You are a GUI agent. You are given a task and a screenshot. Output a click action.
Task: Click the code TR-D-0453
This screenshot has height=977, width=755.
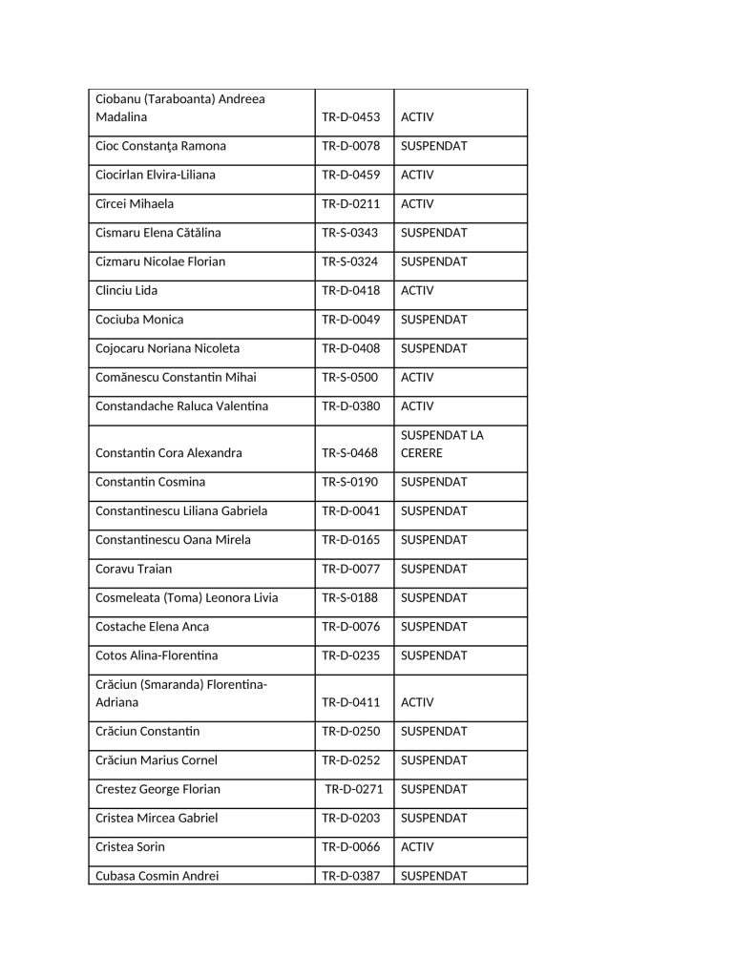pyautogui.click(x=350, y=117)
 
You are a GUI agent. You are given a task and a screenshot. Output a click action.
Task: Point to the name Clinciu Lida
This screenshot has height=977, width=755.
pyautogui.click(x=126, y=291)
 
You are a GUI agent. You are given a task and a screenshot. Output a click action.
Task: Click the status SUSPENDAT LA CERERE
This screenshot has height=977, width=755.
pyautogui.click(x=442, y=444)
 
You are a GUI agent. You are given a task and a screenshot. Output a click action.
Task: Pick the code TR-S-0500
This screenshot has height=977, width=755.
pyautogui.click(x=349, y=378)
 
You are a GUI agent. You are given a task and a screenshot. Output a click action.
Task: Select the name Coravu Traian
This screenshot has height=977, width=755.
pyautogui.click(x=134, y=570)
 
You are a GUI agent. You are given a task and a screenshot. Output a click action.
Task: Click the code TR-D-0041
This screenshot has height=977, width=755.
pyautogui.click(x=350, y=511)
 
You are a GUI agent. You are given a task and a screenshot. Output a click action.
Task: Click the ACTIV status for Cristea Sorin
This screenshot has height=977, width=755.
pyautogui.click(x=417, y=847)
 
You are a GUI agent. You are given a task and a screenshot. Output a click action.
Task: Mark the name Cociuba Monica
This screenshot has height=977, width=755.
pyautogui.click(x=139, y=320)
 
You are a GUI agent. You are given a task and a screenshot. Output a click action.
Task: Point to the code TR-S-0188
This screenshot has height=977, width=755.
pyautogui.click(x=349, y=598)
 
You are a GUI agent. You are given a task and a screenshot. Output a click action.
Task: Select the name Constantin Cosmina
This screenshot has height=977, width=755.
pyautogui.click(x=150, y=483)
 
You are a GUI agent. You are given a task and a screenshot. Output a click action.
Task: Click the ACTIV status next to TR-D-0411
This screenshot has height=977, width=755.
pyautogui.click(x=417, y=703)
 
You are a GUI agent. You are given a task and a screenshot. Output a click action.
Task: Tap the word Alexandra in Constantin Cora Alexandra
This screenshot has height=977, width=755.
pyautogui.click(x=214, y=453)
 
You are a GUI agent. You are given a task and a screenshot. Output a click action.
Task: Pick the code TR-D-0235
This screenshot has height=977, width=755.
pyautogui.click(x=350, y=656)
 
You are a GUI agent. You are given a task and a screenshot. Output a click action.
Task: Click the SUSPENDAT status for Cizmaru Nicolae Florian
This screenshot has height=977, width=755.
pyautogui.click(x=433, y=261)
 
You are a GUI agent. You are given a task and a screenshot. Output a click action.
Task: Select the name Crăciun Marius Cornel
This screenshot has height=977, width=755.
pyautogui.click(x=157, y=761)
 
